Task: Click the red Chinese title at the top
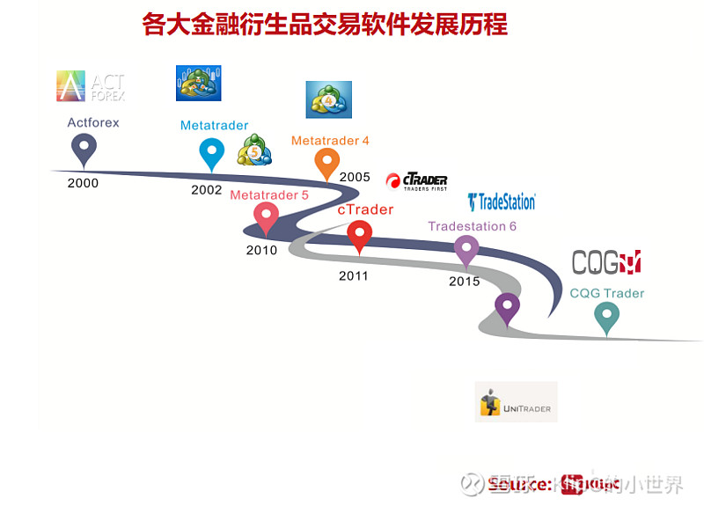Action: pos(325,24)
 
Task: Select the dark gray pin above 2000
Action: pos(84,149)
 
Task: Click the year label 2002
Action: pos(206,190)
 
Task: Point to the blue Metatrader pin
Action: pos(211,152)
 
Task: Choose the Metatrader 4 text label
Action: pos(330,141)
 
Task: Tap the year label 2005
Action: pos(355,177)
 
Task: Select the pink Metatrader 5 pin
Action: pos(266,216)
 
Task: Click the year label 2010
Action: pos(261,250)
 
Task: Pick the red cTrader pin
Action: pos(359,234)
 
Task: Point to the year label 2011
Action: pos(354,275)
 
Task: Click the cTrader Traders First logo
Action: pos(417,181)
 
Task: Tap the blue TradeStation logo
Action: pos(501,202)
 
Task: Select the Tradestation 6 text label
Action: pos(472,226)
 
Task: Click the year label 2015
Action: pos(464,282)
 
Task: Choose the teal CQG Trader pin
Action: pos(606,316)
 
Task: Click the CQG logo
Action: pos(606,261)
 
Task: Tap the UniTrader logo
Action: pos(516,402)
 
